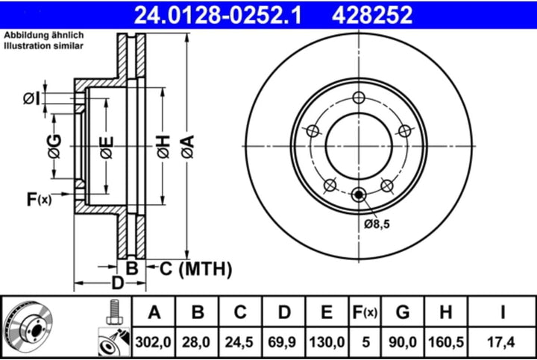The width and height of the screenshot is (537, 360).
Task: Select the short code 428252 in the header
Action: [x=367, y=13]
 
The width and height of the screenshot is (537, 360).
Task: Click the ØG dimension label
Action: [x=54, y=146]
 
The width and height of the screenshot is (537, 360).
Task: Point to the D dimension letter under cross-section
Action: [x=116, y=282]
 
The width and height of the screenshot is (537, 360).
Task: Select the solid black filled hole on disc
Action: [x=359, y=195]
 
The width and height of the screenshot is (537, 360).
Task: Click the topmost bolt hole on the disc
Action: [x=359, y=98]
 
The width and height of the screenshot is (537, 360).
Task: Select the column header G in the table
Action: [x=403, y=312]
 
